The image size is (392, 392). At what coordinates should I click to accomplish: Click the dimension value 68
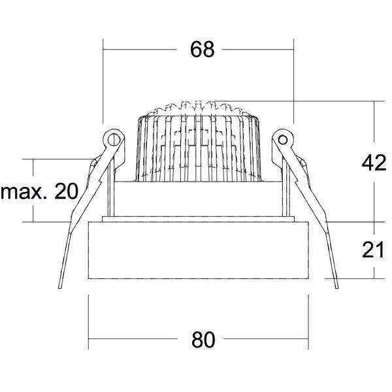[203, 50]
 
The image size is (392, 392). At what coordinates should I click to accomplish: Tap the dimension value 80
[203, 340]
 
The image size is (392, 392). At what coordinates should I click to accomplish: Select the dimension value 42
[374, 163]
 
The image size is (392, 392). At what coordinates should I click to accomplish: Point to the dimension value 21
[373, 250]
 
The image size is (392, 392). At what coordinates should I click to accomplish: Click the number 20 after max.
[66, 191]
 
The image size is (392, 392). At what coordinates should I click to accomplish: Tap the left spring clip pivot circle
[114, 140]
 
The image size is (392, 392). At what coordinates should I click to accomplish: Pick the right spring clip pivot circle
[283, 140]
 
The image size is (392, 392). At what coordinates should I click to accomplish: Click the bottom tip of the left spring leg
[59, 288]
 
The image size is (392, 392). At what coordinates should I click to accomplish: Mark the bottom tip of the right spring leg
[337, 288]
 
